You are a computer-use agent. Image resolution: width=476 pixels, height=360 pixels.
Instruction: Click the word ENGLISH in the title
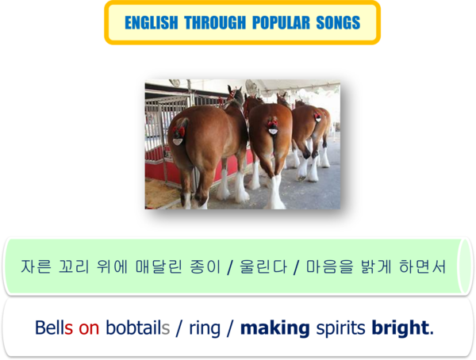[152, 23]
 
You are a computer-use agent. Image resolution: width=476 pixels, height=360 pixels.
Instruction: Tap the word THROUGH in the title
[215, 23]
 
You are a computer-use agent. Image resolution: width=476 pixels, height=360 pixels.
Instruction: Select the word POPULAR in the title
[281, 23]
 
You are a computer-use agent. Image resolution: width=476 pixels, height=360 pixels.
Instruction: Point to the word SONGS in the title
[338, 23]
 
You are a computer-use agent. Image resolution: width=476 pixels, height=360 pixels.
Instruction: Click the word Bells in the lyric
[54, 327]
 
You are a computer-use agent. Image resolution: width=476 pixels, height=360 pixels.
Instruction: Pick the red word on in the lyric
[89, 328]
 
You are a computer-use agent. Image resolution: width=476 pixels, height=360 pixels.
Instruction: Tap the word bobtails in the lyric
[137, 327]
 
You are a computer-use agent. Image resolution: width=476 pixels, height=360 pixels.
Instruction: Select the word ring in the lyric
[205, 329]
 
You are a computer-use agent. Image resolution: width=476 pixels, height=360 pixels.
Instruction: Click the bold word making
[274, 328]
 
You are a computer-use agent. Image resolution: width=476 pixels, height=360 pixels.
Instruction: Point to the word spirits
[340, 329]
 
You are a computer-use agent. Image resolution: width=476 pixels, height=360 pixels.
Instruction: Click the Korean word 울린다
[263, 266]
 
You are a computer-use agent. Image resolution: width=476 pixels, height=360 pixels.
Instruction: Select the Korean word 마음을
[330, 266]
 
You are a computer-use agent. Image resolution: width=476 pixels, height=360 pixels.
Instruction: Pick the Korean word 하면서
[422, 266]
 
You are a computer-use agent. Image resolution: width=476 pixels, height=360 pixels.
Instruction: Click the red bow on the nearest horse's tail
[178, 131]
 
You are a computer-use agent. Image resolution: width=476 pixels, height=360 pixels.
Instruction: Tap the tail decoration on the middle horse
[273, 126]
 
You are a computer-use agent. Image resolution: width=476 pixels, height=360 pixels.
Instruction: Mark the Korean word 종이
[205, 266]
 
